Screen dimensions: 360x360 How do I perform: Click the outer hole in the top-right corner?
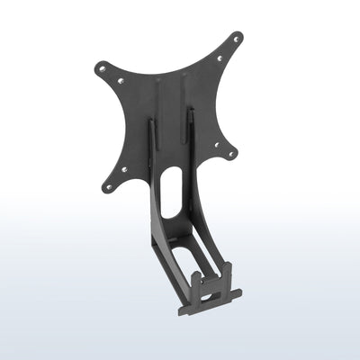pos(237,40)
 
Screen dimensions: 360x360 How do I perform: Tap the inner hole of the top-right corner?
pos(220,58)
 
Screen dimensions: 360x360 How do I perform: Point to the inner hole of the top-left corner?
pos(121,81)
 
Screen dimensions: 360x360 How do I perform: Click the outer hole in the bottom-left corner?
pos(109,186)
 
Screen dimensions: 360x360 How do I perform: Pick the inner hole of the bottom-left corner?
pos(123,168)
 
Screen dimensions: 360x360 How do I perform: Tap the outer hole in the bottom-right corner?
pos(230,153)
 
